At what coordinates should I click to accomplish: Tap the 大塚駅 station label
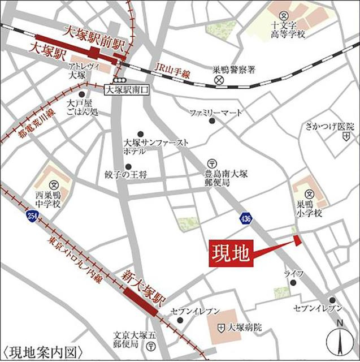tap(49, 55)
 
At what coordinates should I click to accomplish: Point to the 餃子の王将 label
tap(125, 175)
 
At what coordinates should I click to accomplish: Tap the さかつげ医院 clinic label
tap(326, 125)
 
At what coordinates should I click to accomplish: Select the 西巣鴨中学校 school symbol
tap(55, 184)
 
